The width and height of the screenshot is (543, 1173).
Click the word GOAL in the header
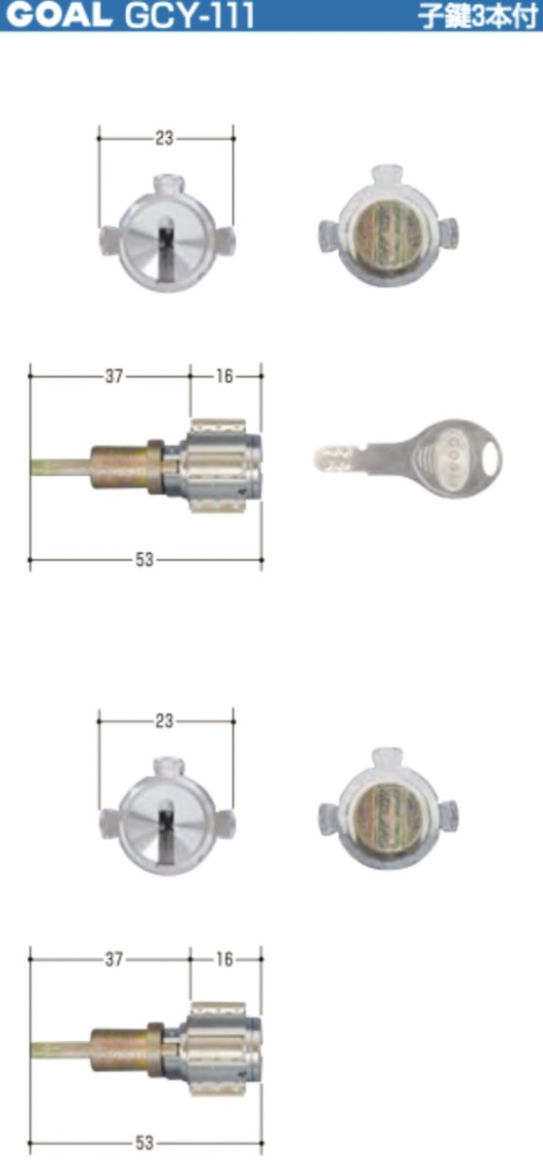[59, 15]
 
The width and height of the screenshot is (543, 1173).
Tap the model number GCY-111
[189, 16]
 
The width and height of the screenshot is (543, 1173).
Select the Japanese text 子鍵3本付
[479, 17]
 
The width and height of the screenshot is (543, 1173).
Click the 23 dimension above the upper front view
[164, 138]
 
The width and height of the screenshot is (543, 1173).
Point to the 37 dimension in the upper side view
[114, 376]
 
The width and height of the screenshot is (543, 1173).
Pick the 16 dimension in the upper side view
[225, 376]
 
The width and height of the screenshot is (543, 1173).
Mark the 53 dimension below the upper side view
[145, 560]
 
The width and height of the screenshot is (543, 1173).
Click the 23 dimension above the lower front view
[164, 721]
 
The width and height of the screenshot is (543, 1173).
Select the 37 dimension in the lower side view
[114, 959]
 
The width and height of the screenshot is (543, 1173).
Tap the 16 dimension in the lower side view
[225, 959]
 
